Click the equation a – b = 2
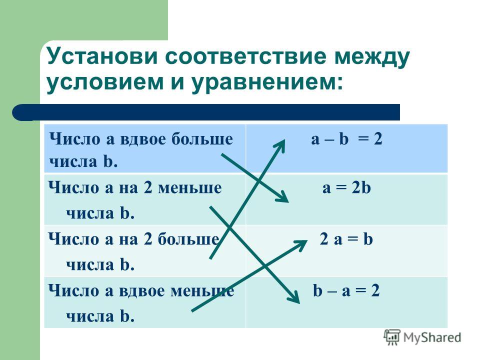[346, 139]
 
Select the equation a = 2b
[346, 187]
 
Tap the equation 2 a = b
[346, 239]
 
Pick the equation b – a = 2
[346, 290]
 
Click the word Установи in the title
[102, 56]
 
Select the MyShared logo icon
[392, 337]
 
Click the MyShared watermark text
[432, 337]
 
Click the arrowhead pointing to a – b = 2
[280, 146]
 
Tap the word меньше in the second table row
[190, 187]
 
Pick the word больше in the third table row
[188, 239]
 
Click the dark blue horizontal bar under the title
[206, 112]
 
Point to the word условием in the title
[105, 82]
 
